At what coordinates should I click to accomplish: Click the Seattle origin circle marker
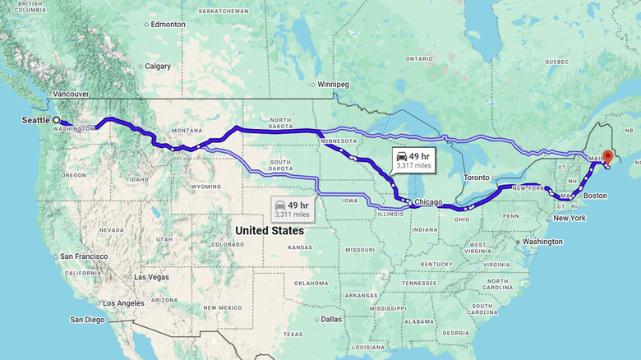click(x=56, y=121)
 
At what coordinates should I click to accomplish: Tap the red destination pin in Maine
click(x=607, y=156)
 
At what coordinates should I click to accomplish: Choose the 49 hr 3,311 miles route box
click(x=292, y=209)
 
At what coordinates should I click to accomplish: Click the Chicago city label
click(x=428, y=202)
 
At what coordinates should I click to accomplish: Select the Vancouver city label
click(x=71, y=95)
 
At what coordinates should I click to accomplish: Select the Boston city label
click(x=595, y=196)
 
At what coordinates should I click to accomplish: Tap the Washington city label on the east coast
click(x=542, y=242)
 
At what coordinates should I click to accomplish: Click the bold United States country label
click(x=270, y=231)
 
